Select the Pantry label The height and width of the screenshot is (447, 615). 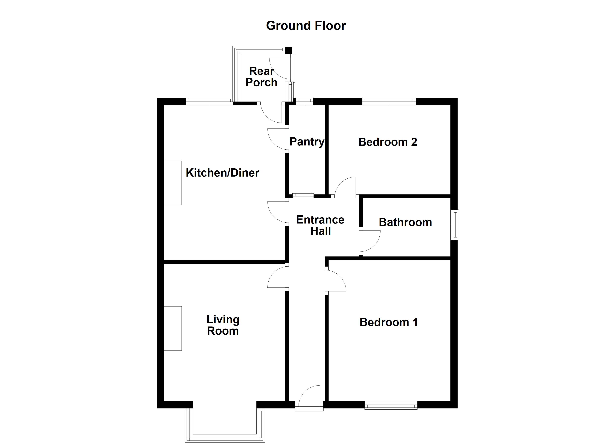[307, 142]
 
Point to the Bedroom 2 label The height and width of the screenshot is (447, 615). [387, 142]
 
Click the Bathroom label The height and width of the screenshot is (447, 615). [405, 222]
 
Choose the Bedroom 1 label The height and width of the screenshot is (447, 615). [389, 322]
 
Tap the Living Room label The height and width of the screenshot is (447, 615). [223, 325]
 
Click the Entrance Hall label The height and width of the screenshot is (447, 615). [320, 225]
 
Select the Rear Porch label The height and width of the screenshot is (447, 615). [261, 77]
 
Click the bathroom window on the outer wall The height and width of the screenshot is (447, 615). [455, 225]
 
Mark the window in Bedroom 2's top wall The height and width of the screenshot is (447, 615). [389, 101]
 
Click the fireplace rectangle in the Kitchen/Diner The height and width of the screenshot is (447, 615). [173, 183]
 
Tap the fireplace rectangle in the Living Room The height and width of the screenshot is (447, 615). [173, 328]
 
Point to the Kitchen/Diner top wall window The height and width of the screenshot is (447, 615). [209, 101]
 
